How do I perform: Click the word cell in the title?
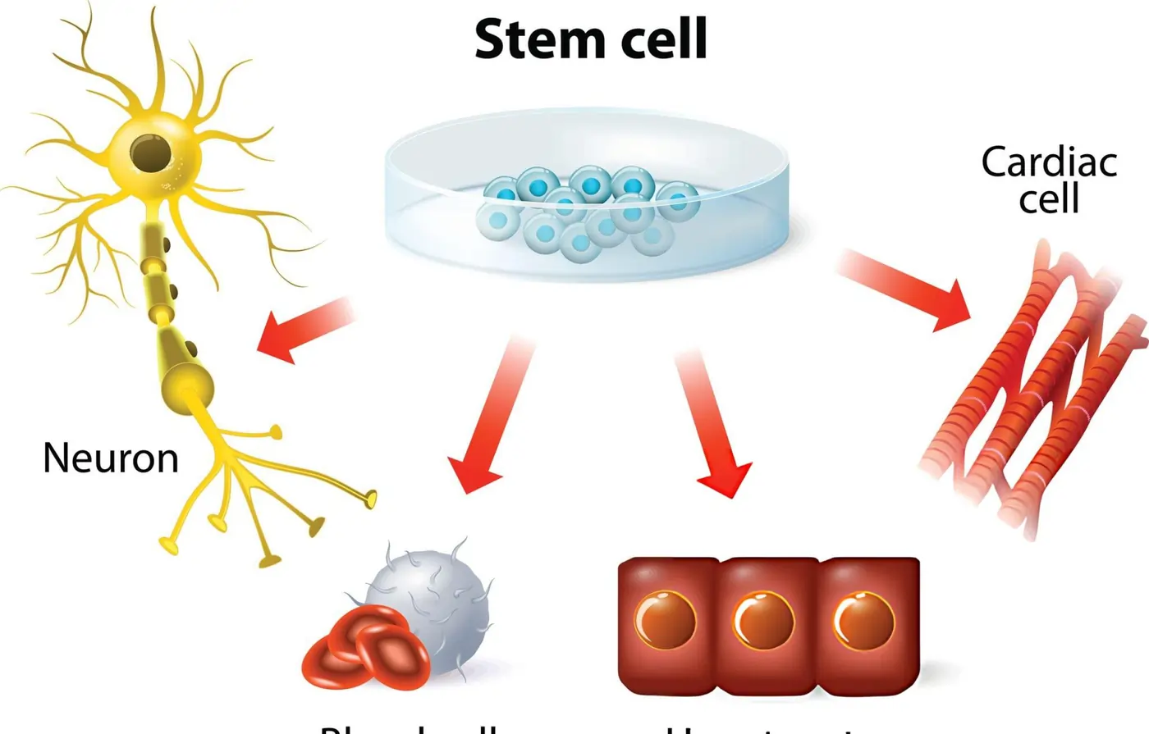tap(660, 39)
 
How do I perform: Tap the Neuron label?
tap(111, 458)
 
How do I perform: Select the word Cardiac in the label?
tap(1049, 162)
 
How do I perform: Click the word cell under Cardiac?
tap(1049, 198)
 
